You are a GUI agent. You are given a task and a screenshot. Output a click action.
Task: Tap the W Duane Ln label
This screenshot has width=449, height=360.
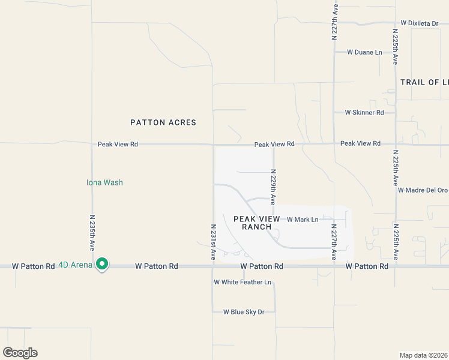click(364, 52)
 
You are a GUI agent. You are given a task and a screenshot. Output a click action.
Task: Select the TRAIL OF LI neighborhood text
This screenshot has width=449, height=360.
click(424, 82)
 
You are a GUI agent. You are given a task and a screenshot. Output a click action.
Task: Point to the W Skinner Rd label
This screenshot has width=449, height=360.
click(364, 112)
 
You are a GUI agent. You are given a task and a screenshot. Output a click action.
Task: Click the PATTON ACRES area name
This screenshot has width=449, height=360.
click(163, 122)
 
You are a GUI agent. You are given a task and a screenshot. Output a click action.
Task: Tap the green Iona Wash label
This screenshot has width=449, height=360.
click(104, 182)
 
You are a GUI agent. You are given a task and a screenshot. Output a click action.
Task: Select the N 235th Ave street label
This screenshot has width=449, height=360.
click(92, 230)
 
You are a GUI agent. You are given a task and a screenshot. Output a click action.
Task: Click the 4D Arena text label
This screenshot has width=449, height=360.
click(75, 265)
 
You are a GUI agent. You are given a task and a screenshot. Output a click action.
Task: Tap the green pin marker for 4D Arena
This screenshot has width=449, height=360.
click(102, 263)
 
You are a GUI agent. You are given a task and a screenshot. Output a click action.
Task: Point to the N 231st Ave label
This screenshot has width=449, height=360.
click(213, 242)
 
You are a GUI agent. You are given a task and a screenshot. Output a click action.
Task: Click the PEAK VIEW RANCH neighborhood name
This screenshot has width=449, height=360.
click(257, 223)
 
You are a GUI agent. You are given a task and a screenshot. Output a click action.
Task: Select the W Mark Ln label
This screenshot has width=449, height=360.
click(303, 220)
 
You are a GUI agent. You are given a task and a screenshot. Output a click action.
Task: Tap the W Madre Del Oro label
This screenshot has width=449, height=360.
click(423, 190)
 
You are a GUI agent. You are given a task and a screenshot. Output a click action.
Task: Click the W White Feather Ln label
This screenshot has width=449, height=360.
click(243, 282)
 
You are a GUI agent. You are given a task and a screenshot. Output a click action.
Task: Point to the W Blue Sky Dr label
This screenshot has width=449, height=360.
click(244, 312)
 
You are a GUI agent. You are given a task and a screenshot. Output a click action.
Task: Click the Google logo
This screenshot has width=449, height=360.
click(20, 353)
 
